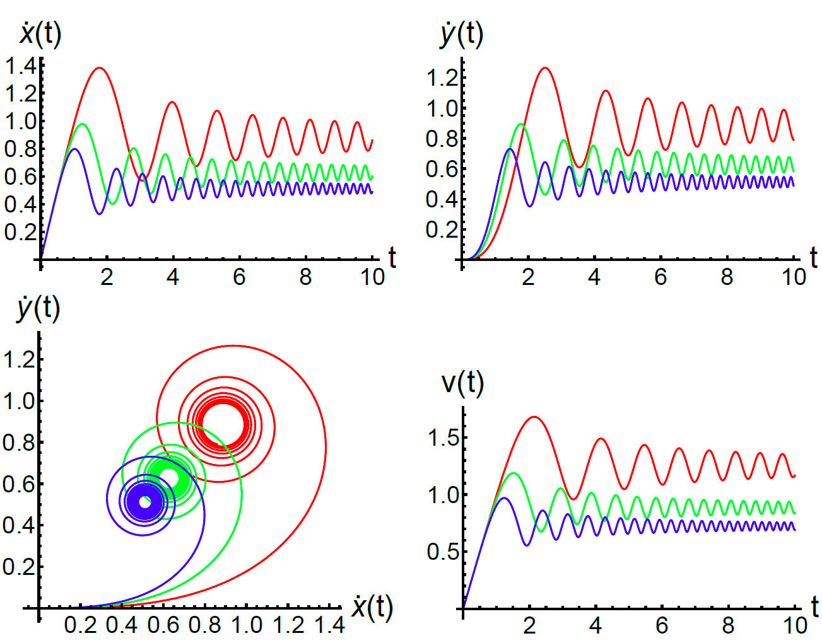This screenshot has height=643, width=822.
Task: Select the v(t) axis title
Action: (462, 383)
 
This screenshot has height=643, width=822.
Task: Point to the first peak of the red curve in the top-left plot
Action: (100, 68)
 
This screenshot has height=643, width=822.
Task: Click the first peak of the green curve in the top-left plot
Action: (81, 124)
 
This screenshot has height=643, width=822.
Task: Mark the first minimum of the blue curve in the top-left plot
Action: (100, 214)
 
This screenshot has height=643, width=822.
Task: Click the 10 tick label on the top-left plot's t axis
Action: (372, 277)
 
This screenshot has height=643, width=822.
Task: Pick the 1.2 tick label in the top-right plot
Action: (442, 78)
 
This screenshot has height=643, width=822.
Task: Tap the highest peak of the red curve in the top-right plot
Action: (544, 68)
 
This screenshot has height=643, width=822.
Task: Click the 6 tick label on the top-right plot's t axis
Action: (660, 277)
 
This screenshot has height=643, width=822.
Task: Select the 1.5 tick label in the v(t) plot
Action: (443, 437)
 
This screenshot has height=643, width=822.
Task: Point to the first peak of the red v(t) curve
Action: (534, 417)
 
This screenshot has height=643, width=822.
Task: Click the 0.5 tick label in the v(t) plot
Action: (443, 552)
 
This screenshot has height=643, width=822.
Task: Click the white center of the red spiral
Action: (222, 424)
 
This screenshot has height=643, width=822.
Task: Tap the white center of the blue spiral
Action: (144, 502)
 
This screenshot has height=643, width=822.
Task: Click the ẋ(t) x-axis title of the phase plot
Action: (372, 608)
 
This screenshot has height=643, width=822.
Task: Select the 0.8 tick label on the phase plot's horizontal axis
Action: (206, 625)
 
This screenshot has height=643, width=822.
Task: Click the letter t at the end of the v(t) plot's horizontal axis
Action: (814, 607)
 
